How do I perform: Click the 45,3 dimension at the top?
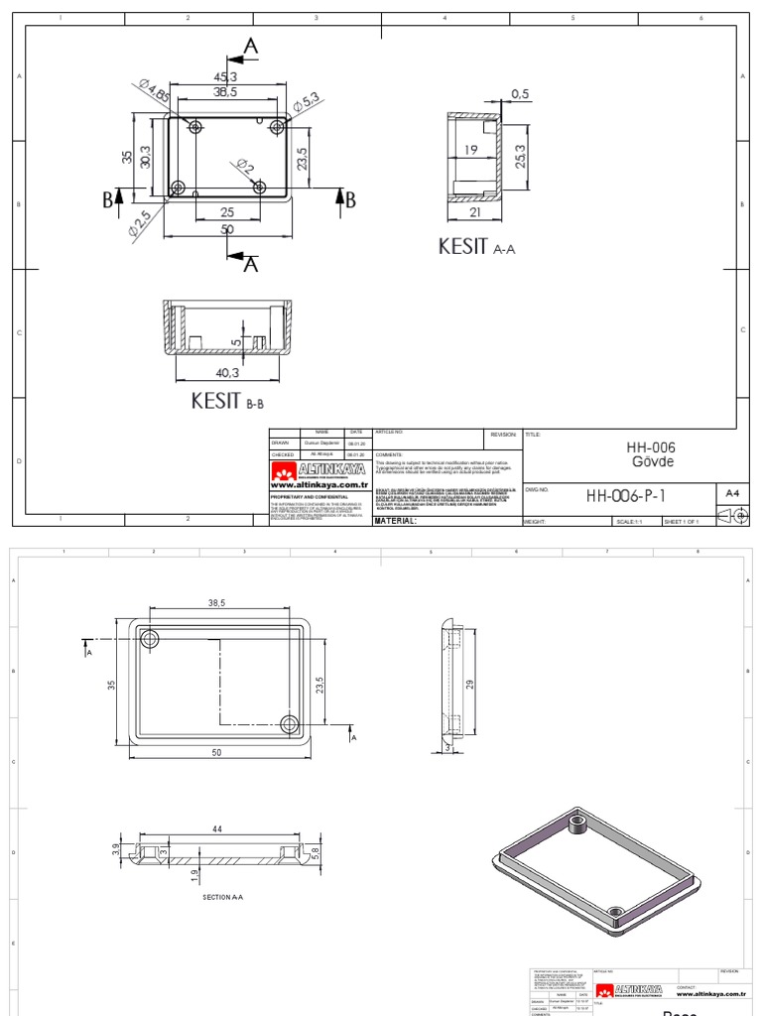[225, 76]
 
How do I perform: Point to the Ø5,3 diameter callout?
[306, 101]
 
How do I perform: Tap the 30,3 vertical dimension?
[146, 156]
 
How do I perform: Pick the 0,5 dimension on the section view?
[521, 93]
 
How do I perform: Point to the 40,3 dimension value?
[227, 373]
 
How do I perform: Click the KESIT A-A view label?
[477, 247]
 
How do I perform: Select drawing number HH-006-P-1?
[626, 496]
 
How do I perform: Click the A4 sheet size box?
[732, 493]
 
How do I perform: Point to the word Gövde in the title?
[646, 462]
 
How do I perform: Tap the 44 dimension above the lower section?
[216, 828]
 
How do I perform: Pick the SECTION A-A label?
[223, 897]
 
